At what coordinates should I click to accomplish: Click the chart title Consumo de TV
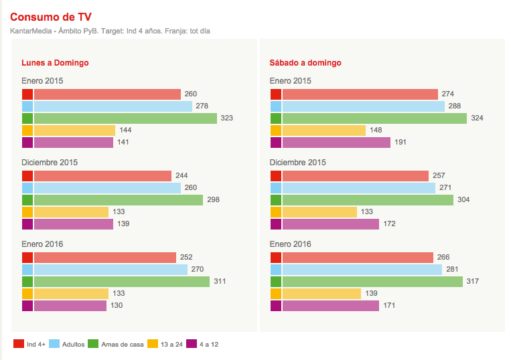point(51,17)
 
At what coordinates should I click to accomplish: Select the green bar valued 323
point(125,118)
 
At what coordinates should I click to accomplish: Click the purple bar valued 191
point(336,143)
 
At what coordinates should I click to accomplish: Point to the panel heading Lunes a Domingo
point(55,63)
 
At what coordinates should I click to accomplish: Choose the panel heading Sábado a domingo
point(305,63)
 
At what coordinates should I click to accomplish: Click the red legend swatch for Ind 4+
point(18,344)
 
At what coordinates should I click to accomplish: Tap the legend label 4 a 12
point(209,345)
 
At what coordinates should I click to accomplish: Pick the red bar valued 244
point(102,176)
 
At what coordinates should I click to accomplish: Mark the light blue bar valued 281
point(362,270)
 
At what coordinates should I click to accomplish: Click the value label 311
point(220,282)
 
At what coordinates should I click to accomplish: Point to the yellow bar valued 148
point(323,130)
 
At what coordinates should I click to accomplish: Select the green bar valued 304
point(368,200)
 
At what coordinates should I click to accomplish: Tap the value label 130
point(117,306)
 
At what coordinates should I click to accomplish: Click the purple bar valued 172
point(330,224)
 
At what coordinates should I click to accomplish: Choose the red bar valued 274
point(360,94)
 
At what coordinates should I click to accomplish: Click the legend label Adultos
point(73,345)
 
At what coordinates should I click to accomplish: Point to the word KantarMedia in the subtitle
point(31,31)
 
